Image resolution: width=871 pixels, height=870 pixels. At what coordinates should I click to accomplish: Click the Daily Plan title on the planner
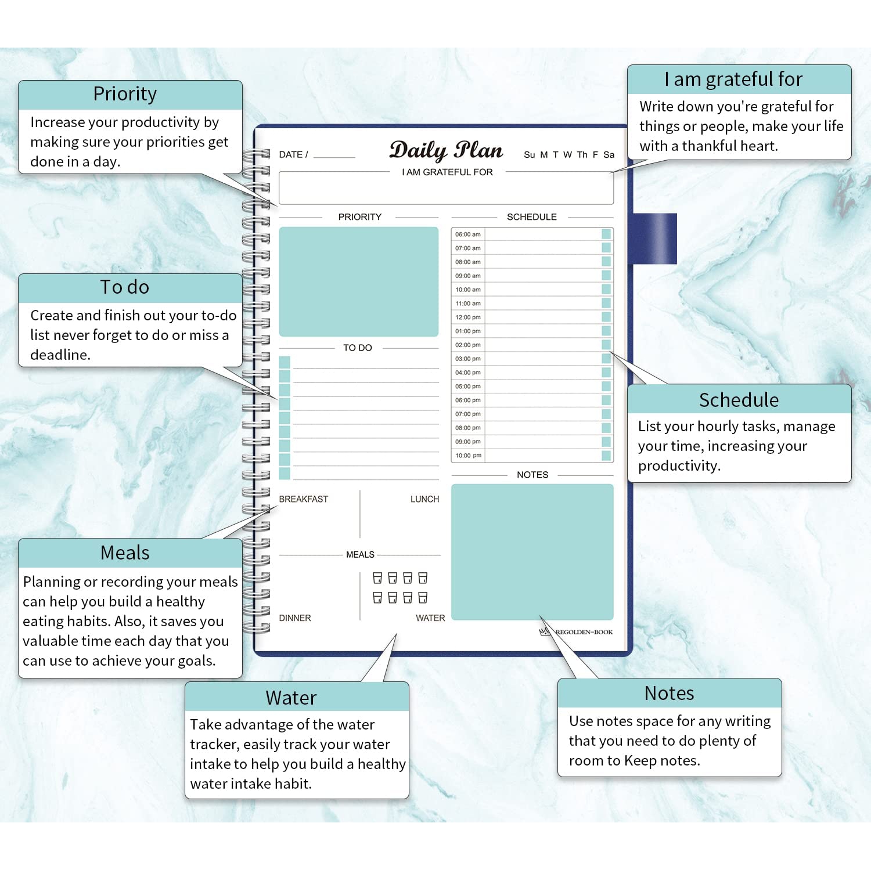[x=446, y=150]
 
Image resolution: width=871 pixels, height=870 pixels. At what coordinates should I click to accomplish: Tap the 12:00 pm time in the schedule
[x=467, y=317]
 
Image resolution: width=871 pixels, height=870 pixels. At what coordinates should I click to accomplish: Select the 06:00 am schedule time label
[x=467, y=234]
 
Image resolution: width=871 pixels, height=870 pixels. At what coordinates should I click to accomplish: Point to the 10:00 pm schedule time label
[x=468, y=456]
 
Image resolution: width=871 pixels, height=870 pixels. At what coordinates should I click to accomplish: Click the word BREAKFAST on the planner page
[x=303, y=499]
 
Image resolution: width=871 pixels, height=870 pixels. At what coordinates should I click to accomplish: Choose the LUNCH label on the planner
[x=424, y=499]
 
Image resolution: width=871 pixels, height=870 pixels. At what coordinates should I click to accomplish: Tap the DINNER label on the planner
[x=295, y=618]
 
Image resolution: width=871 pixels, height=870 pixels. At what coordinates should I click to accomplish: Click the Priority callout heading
[x=125, y=94]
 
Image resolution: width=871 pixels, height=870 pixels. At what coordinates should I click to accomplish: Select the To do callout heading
[x=125, y=287]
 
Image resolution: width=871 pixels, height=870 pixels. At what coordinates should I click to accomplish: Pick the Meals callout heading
[x=125, y=553]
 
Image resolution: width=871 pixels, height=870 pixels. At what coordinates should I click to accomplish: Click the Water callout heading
[x=291, y=698]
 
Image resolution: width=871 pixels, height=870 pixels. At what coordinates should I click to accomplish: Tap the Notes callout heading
[x=669, y=694]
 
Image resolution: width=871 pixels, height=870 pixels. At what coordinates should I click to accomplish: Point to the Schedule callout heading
[x=739, y=400]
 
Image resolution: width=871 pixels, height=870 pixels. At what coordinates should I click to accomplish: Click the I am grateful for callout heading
[x=733, y=79]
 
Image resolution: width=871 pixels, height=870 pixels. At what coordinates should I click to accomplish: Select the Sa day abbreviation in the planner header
[x=609, y=155]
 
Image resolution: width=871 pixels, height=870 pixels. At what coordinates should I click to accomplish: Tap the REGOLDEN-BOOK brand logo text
[x=583, y=632]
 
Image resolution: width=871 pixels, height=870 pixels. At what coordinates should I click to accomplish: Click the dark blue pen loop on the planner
[x=654, y=239]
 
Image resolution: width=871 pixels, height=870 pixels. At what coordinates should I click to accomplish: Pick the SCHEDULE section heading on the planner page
[x=531, y=217]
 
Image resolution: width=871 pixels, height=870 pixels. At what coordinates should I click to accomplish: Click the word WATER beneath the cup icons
[x=430, y=618]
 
